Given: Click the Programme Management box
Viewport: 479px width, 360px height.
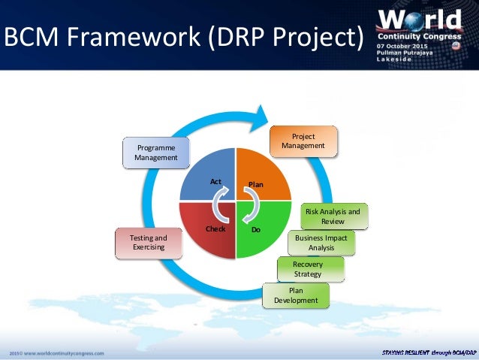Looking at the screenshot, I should pyautogui.click(x=155, y=153).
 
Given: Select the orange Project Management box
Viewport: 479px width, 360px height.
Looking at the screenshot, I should pyautogui.click(x=303, y=141).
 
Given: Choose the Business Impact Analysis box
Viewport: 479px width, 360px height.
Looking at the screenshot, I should pyautogui.click(x=321, y=243).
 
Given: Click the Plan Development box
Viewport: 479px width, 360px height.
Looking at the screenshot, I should pyautogui.click(x=296, y=295).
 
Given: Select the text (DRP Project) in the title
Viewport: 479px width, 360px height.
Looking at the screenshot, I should pyautogui.click(x=288, y=36).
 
